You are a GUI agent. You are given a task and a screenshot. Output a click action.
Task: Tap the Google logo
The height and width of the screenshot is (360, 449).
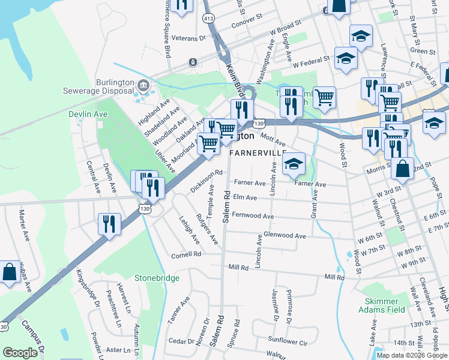point(20,353)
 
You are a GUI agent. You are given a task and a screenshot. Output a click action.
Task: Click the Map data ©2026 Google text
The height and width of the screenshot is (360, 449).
point(411,355)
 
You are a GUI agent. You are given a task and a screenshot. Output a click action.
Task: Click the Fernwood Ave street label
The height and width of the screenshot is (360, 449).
point(252,216)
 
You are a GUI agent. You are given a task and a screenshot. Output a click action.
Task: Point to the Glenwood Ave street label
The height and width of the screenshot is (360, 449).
point(285,236)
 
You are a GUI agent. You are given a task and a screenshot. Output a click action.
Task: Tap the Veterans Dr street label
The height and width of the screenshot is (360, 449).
point(188,38)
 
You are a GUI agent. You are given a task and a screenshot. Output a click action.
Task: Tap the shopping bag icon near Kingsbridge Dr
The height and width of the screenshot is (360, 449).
point(10,272)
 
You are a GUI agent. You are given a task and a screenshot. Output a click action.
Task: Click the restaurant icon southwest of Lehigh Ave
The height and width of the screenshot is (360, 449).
point(109,224)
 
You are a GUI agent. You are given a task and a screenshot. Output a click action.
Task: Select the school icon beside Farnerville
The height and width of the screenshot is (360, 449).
point(294,164)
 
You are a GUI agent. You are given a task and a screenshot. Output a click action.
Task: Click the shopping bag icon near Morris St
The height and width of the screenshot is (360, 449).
point(402,169)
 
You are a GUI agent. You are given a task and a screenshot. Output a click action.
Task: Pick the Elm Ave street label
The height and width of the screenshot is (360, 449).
point(245,197)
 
